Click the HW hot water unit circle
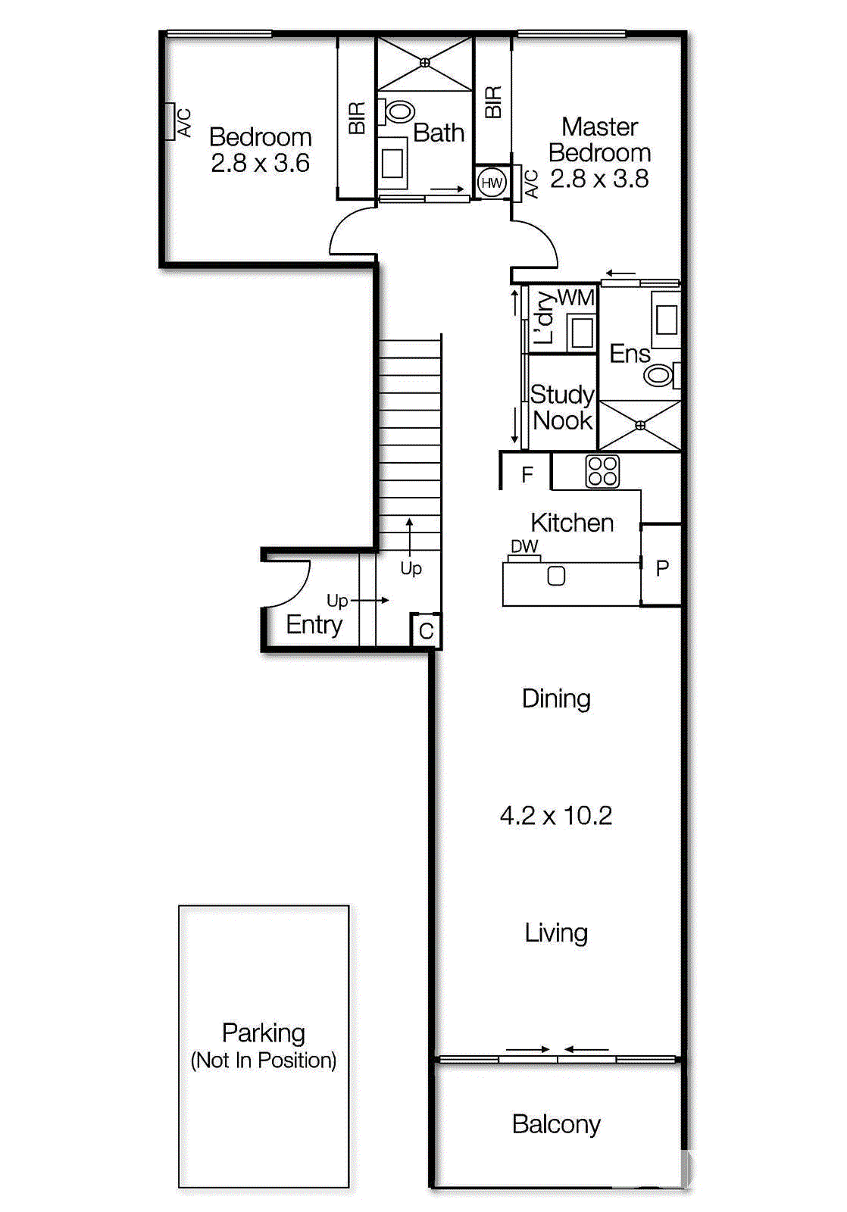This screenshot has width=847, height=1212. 492,183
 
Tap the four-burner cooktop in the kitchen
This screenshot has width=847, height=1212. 602,471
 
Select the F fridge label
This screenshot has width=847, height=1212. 527,475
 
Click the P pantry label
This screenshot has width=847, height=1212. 662,567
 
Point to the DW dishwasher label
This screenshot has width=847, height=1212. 524,546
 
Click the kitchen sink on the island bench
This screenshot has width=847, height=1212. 556,576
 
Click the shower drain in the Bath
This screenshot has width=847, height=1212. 425,63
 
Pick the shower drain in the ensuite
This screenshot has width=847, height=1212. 640,426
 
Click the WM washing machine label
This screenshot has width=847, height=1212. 576,298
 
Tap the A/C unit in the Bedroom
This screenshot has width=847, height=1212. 170,122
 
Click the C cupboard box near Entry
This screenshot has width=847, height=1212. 427,631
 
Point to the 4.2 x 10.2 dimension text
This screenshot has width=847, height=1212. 556,816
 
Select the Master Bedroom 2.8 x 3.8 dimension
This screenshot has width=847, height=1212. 599,179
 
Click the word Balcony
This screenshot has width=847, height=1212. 556,1124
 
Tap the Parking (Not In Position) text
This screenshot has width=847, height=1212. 264,1046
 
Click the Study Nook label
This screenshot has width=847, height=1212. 562,408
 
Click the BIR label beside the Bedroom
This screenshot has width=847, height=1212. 357,117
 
